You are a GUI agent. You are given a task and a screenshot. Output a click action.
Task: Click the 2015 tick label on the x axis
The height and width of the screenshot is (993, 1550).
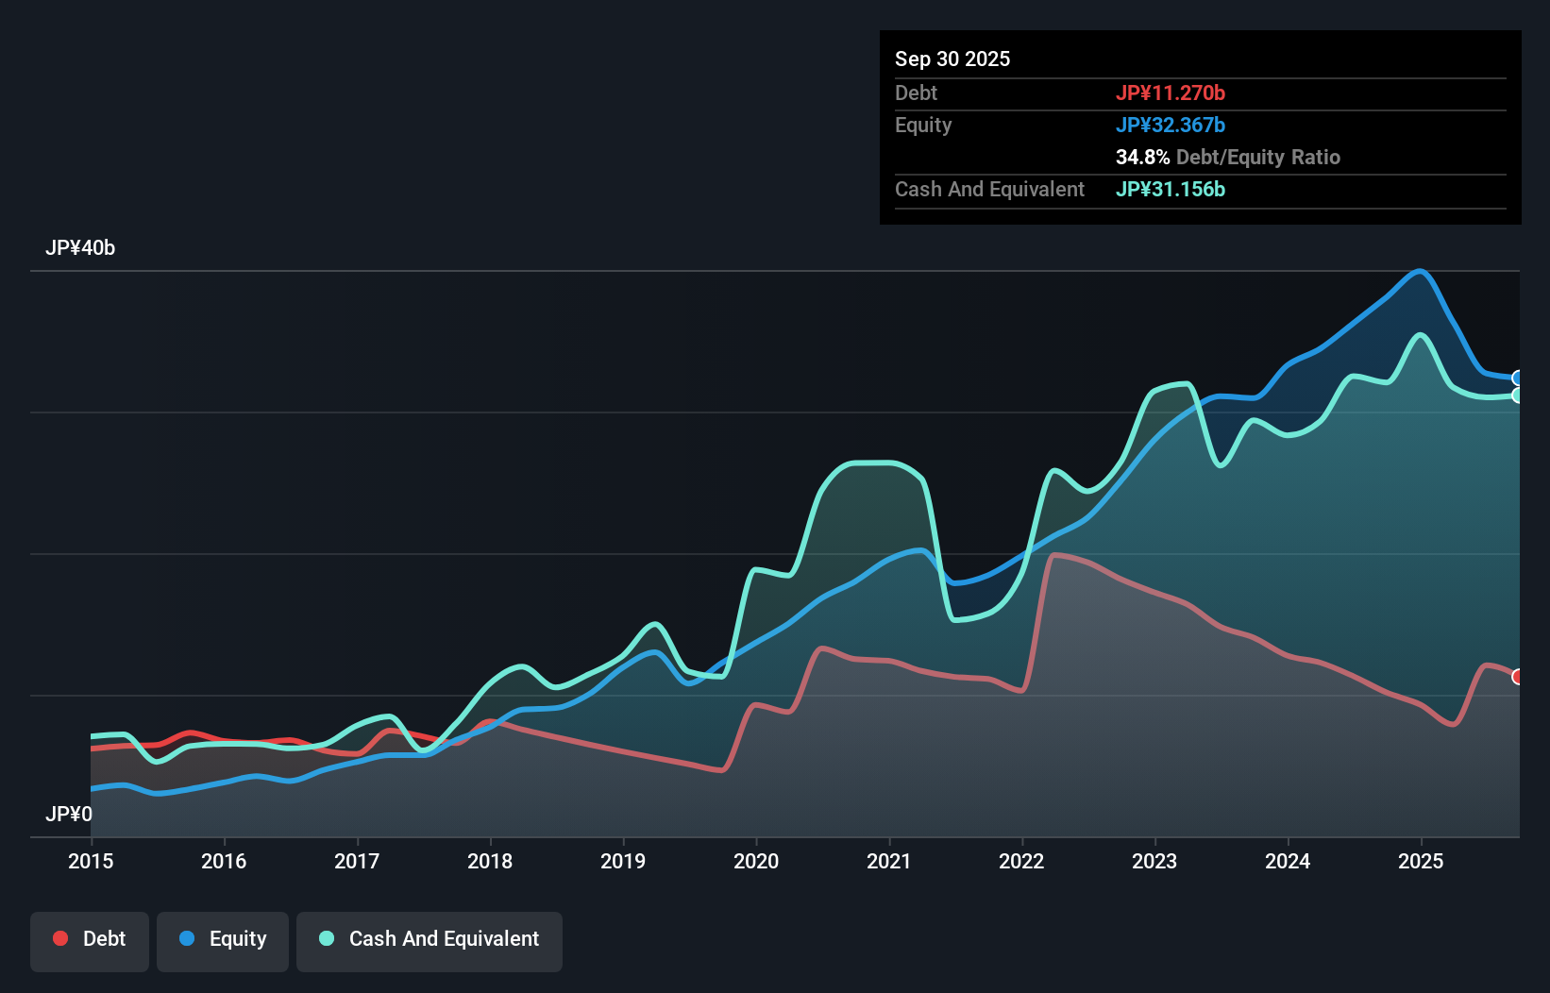(91, 861)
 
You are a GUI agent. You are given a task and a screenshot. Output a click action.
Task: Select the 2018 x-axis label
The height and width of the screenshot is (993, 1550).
(490, 861)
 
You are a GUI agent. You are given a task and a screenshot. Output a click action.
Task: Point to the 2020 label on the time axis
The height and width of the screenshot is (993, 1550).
(756, 861)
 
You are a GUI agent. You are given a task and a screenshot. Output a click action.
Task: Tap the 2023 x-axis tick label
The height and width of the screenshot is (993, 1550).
(1154, 861)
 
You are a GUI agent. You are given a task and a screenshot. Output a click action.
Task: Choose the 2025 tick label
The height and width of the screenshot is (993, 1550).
(1421, 861)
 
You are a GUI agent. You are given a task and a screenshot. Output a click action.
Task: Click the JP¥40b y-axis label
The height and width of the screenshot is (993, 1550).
(80, 248)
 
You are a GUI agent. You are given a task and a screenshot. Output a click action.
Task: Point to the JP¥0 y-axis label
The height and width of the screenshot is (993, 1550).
(69, 814)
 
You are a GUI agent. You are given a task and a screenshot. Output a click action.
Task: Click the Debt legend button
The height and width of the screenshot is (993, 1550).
(90, 939)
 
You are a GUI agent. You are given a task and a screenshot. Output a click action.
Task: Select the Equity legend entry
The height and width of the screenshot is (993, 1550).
(223, 939)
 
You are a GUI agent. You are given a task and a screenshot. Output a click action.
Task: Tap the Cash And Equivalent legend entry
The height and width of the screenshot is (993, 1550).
(430, 939)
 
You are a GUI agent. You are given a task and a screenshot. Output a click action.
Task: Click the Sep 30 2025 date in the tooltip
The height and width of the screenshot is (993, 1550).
(952, 59)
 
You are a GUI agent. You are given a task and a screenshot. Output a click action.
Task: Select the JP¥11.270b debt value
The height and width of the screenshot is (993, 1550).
(1171, 93)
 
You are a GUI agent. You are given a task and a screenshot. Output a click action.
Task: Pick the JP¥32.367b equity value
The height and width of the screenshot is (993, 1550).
(1171, 125)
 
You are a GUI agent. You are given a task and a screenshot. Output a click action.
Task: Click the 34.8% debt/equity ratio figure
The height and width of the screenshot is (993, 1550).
(1142, 157)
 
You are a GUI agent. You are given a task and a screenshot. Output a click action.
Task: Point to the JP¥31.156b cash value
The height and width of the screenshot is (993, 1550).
(1171, 189)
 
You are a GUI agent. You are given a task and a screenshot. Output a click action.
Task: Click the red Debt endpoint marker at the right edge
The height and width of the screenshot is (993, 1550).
(1517, 677)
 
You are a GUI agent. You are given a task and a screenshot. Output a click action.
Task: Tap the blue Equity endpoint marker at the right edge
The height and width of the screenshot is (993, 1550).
(1517, 379)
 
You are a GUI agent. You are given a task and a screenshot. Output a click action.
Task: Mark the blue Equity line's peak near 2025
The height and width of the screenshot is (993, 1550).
(1420, 272)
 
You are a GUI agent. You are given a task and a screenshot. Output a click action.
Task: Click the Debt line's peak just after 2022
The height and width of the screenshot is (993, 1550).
(1055, 555)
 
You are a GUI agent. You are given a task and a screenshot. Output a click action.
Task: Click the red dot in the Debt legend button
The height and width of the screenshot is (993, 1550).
(60, 938)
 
